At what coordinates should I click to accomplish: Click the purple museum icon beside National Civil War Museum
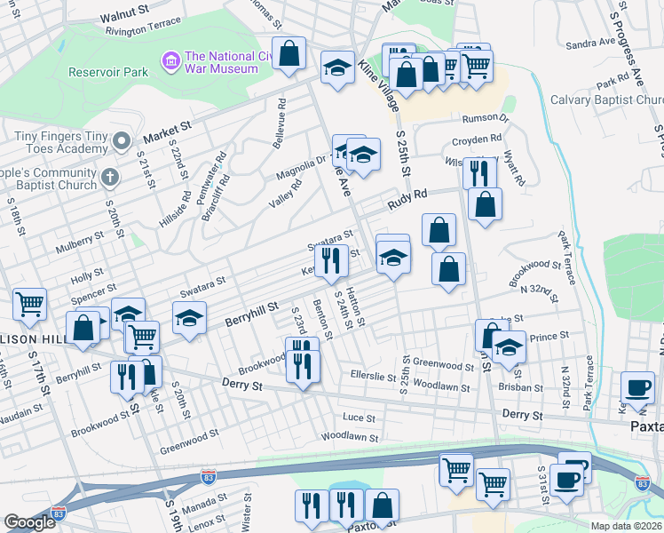[170, 60]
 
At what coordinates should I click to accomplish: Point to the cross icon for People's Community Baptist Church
[110, 176]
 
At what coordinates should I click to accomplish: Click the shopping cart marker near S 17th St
[29, 305]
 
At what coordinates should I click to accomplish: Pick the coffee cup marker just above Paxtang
[638, 388]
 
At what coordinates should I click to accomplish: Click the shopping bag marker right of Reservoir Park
[289, 53]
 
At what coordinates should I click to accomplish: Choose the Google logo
[29, 522]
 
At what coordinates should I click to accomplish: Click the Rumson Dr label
[485, 118]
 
